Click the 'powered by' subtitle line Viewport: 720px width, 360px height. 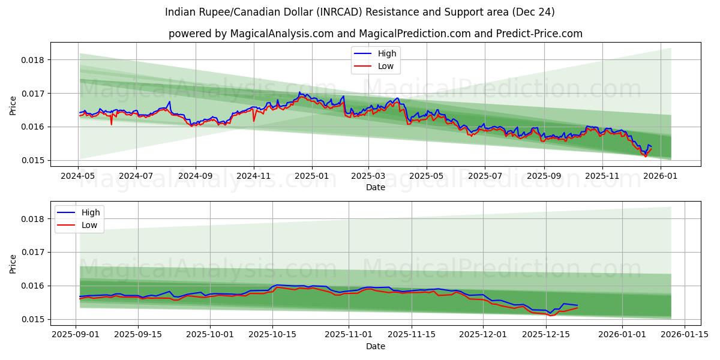tap(375, 34)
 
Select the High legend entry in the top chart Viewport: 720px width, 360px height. tap(386, 53)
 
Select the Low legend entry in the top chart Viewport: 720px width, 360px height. tap(385, 66)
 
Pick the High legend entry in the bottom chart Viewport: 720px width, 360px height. tap(91, 212)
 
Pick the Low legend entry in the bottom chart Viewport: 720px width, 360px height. tap(89, 226)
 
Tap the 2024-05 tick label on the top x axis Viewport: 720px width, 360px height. tap(78, 176)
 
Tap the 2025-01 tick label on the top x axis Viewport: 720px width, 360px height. tap(311, 176)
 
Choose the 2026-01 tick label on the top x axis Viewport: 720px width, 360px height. tap(661, 176)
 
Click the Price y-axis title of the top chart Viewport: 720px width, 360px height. tap(13, 106)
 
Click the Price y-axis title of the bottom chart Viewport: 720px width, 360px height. tap(13, 264)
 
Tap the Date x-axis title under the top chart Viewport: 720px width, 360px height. tap(375, 188)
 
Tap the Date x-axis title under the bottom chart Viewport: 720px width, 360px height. tap(375, 347)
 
